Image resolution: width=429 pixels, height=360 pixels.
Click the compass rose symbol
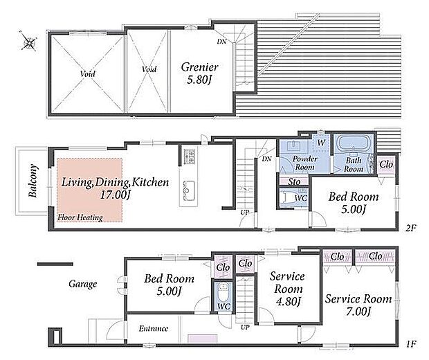coord(28,42)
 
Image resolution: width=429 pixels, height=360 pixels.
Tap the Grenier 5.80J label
coord(199,73)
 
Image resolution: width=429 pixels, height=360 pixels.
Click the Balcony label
coord(33,181)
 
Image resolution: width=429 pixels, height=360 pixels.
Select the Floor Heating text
coord(80,217)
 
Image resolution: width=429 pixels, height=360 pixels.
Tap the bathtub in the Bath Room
coord(353,143)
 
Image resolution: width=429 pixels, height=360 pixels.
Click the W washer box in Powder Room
coord(322,143)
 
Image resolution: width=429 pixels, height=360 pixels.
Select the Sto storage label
coord(294,181)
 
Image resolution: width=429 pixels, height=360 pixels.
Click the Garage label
coord(82,284)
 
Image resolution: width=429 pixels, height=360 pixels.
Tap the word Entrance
coord(153,328)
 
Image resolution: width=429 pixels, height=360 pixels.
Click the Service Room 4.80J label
coord(287,289)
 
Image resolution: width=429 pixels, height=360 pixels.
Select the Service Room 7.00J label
coord(358,305)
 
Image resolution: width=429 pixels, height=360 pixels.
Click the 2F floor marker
coord(410,228)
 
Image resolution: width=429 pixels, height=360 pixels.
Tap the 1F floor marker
coord(410,343)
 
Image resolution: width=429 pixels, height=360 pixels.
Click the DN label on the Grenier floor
coord(221,42)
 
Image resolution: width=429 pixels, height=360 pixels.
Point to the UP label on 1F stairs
coord(245,327)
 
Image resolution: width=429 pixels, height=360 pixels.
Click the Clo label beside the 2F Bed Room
coord(386,165)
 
